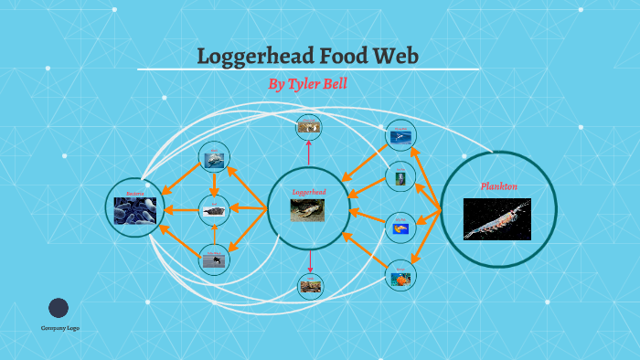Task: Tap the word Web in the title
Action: tap(394, 56)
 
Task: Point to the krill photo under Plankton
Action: tap(497, 219)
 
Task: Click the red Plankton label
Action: tap(499, 186)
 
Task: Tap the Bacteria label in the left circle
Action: tap(135, 194)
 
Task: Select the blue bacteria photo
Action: tap(135, 212)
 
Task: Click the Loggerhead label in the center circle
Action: tap(309, 193)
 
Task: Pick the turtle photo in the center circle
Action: tap(309, 211)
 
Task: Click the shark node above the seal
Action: tap(214, 158)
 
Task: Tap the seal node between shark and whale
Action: tap(214, 210)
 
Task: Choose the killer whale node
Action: tap(214, 259)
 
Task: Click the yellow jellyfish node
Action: tap(400, 226)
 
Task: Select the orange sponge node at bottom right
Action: tap(400, 275)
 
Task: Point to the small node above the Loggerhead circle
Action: tap(309, 127)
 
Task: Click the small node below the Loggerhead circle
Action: tap(310, 286)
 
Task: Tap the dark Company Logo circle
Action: tap(59, 308)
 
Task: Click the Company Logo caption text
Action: tap(59, 328)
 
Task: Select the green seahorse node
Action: tap(400, 176)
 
